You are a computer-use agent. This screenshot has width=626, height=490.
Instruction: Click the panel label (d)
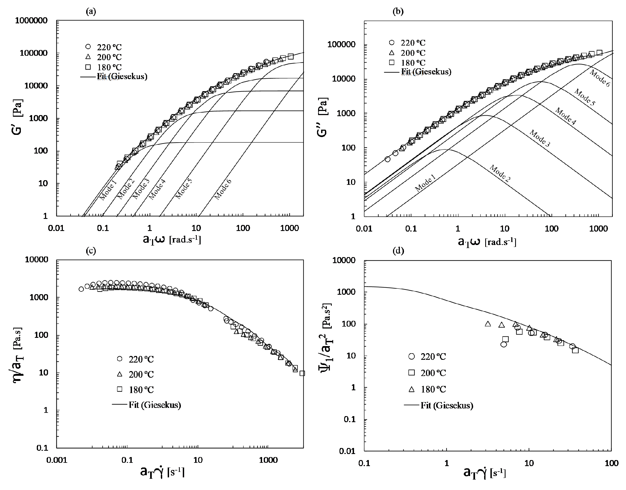point(398,251)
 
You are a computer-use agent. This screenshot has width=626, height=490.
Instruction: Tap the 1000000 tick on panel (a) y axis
point(32,21)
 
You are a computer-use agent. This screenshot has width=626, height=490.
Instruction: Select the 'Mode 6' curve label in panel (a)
point(223,189)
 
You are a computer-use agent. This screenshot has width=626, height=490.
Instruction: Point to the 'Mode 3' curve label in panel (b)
point(540,138)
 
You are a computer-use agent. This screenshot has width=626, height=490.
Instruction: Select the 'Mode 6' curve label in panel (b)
point(600,78)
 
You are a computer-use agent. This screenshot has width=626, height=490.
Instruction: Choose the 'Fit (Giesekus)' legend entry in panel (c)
point(147,405)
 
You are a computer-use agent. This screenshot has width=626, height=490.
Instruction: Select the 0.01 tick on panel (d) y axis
point(347,452)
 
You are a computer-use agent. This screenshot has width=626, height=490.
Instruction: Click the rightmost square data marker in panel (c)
point(302,373)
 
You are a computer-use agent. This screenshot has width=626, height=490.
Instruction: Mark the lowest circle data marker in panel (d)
point(504,344)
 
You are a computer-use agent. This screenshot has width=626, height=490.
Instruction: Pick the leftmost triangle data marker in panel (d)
point(488,324)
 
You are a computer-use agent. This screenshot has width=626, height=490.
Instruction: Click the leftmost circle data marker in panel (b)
point(388,159)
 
